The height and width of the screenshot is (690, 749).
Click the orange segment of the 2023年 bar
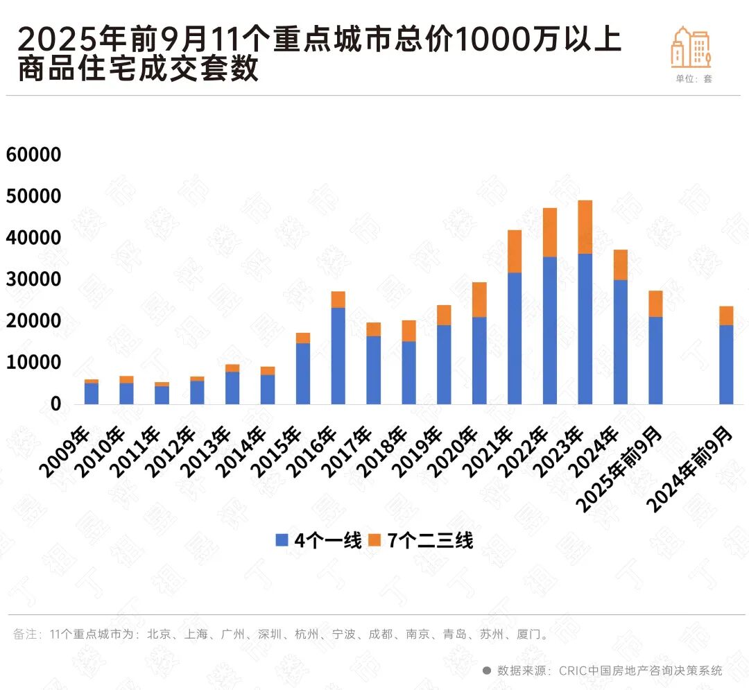[x=585, y=227]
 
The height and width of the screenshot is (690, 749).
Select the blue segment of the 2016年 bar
[x=338, y=356]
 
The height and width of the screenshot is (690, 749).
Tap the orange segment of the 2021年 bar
[x=515, y=251]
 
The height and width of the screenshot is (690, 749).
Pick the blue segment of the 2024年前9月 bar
[x=726, y=365]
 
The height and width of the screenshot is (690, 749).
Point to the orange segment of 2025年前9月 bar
[x=655, y=304]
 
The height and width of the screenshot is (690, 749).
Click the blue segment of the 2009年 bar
[x=90, y=394]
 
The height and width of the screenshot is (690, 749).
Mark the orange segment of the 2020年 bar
[x=479, y=300]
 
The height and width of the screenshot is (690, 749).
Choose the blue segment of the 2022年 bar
[x=550, y=331]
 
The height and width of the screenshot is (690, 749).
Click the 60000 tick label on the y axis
[x=34, y=155]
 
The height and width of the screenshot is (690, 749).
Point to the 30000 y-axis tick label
[x=34, y=279]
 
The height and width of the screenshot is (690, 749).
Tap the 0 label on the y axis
[x=55, y=404]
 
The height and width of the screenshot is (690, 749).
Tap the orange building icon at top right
[x=691, y=47]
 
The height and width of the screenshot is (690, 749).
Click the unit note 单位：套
[x=694, y=79]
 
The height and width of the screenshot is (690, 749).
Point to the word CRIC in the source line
[x=572, y=671]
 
